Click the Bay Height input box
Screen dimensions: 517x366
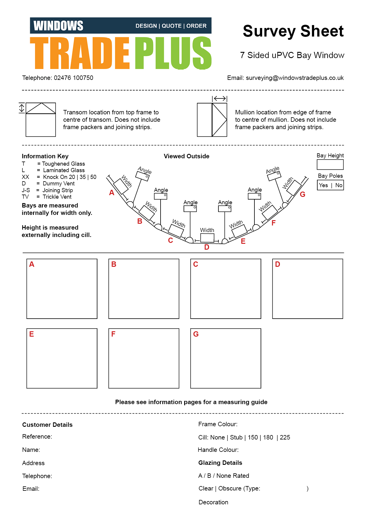tap(330, 164)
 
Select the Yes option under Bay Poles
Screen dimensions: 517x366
tap(323, 185)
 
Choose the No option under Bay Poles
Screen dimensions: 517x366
tap(339, 185)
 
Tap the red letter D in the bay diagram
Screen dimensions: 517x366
tap(207, 247)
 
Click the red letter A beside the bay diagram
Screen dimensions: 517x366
tap(112, 193)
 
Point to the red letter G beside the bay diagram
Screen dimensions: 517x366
tap(303, 195)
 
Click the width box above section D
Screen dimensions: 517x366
tap(207, 238)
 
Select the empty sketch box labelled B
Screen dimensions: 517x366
tap(144, 289)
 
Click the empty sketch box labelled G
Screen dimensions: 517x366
tap(226, 358)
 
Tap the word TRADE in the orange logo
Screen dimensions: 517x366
tap(80, 53)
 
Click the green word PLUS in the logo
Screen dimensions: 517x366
tap(173, 53)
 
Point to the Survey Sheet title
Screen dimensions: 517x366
tap(293, 31)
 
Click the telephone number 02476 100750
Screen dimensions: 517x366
tap(73, 78)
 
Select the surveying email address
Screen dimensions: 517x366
tap(295, 78)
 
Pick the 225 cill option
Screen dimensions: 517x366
tap(285, 437)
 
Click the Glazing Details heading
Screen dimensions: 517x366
tap(220, 463)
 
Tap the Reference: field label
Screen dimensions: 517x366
tap(37, 437)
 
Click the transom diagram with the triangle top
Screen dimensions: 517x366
tap(41, 120)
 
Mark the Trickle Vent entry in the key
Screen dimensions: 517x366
tap(57, 197)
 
